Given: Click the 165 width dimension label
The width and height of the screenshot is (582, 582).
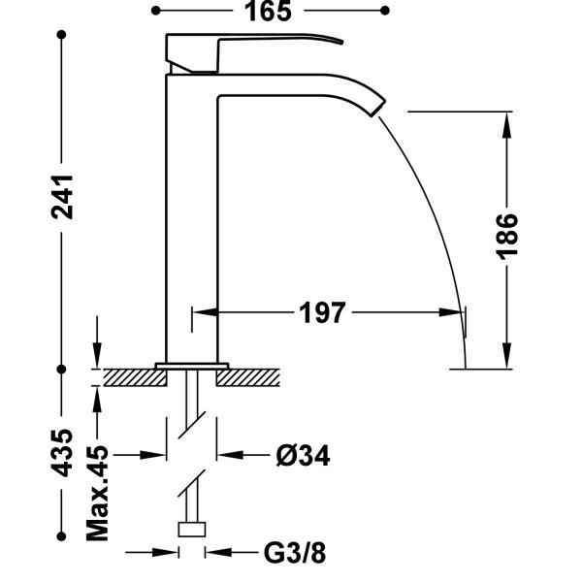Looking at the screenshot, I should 271,11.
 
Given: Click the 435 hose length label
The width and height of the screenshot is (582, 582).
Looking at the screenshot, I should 62,452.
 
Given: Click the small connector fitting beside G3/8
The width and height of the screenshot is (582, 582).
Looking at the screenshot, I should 194,529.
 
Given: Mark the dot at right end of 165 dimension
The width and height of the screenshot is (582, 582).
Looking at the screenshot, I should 385,11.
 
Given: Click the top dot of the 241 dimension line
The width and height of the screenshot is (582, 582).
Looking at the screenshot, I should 62,35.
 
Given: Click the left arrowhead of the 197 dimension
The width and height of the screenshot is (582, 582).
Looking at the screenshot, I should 201,312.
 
